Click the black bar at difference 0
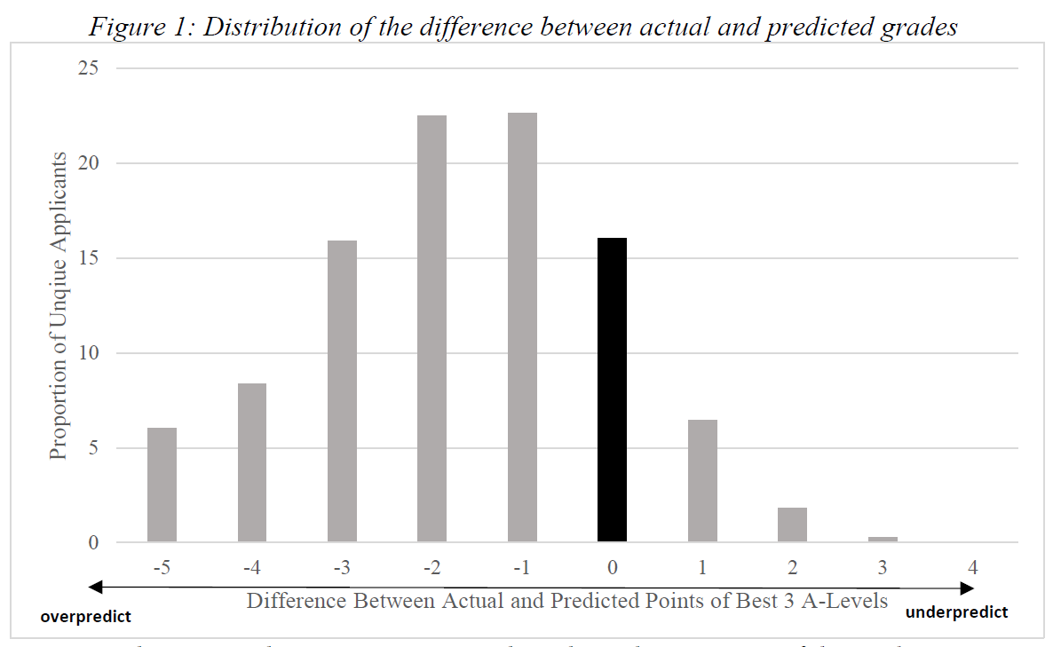pyautogui.click(x=612, y=390)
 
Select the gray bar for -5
pyautogui.click(x=162, y=485)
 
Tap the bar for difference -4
pyautogui.click(x=252, y=462)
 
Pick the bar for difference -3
pyautogui.click(x=342, y=391)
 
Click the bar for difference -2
pyautogui.click(x=431, y=328)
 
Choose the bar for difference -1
pyautogui.click(x=522, y=327)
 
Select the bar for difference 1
pyautogui.click(x=702, y=480)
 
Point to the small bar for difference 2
pyautogui.click(x=792, y=525)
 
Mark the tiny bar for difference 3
pyautogui.click(x=883, y=539)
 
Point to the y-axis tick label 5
pyautogui.click(x=92, y=448)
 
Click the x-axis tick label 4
pyautogui.click(x=973, y=566)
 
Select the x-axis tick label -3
pyautogui.click(x=342, y=566)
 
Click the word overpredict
pyautogui.click(x=85, y=616)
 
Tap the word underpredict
pyautogui.click(x=956, y=612)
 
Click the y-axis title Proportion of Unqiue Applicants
pyautogui.click(x=59, y=305)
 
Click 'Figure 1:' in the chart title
pyautogui.click(x=142, y=27)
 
